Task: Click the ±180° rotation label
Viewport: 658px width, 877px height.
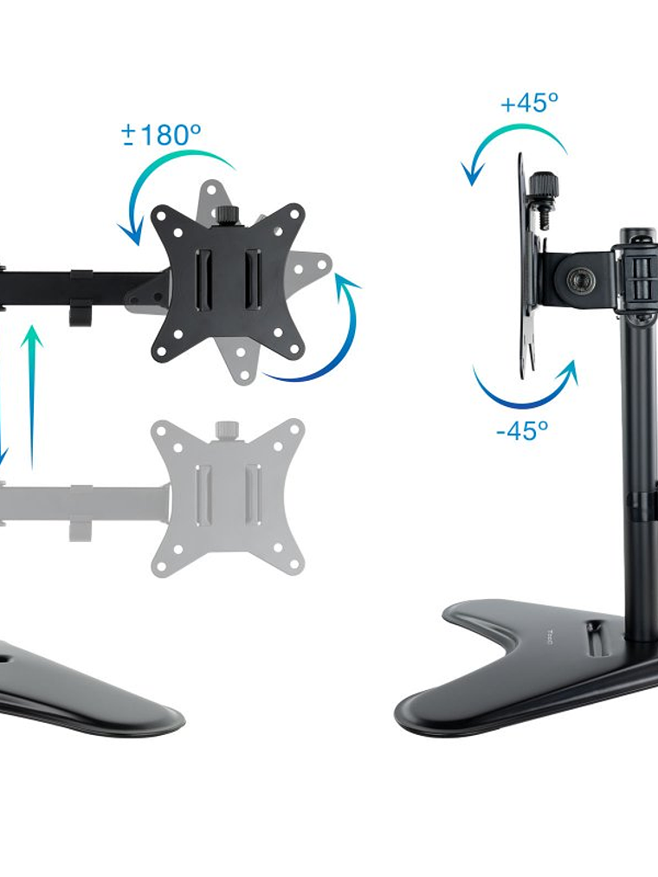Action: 162,135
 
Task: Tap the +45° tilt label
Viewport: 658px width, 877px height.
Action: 529,104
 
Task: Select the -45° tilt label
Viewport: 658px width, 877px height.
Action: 522,430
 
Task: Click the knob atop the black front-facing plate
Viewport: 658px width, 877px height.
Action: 229,213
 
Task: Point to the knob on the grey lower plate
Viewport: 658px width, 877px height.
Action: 228,429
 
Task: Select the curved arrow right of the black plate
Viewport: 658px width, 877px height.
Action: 320,338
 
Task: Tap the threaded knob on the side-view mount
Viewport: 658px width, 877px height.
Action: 544,187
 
